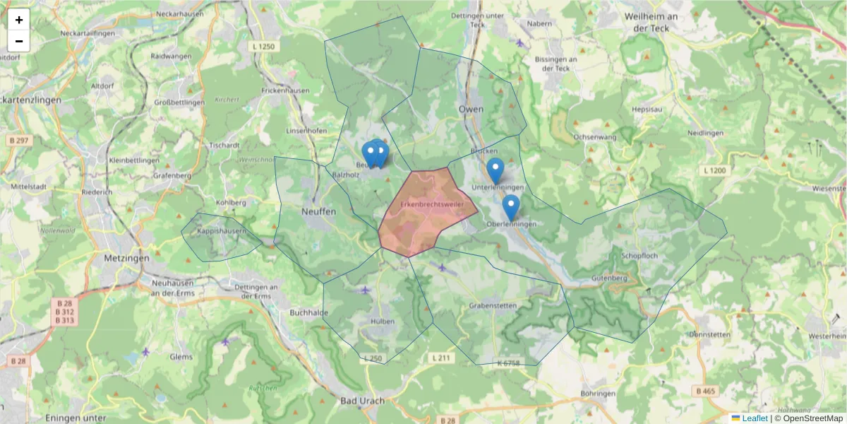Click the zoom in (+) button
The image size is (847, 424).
(x=19, y=20)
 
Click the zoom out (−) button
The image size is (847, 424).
(x=19, y=41)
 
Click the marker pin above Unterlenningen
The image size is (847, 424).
(x=495, y=170)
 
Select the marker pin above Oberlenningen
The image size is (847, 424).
(x=510, y=206)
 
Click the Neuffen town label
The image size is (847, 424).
(x=318, y=211)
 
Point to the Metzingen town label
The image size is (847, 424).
(x=126, y=258)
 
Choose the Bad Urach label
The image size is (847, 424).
(x=362, y=401)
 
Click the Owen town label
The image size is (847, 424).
(x=471, y=109)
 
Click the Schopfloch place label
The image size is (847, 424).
(x=639, y=255)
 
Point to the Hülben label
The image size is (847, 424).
(x=382, y=321)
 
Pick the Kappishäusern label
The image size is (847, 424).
(x=221, y=231)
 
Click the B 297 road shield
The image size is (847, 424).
(x=19, y=141)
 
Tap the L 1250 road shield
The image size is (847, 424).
(x=263, y=47)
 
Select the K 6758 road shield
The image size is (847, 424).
(x=507, y=363)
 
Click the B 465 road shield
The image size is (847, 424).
(x=705, y=391)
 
